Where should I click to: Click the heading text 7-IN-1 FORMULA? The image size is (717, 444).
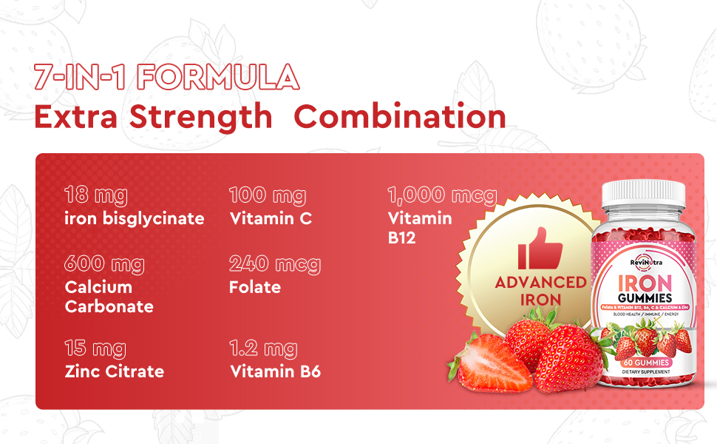(x=166, y=78)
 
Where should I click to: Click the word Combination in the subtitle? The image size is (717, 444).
(x=404, y=117)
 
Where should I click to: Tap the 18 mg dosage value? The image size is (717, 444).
(x=95, y=196)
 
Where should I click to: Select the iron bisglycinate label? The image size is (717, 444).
(x=134, y=218)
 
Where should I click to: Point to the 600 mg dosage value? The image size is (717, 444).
(x=104, y=264)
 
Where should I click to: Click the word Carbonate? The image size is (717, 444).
(x=109, y=306)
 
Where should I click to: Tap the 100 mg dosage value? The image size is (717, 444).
(x=267, y=196)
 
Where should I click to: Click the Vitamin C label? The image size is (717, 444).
(x=271, y=218)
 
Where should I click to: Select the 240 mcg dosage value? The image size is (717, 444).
(x=274, y=264)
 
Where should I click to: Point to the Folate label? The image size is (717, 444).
(x=255, y=287)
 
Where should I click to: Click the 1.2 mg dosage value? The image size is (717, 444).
(x=263, y=349)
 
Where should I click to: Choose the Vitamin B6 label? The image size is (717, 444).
(x=275, y=371)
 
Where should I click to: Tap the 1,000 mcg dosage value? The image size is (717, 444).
(x=442, y=196)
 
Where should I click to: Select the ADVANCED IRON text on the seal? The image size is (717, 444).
(x=540, y=291)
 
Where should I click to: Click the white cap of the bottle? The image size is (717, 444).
(x=643, y=194)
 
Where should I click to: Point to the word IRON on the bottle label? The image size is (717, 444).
(x=644, y=282)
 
